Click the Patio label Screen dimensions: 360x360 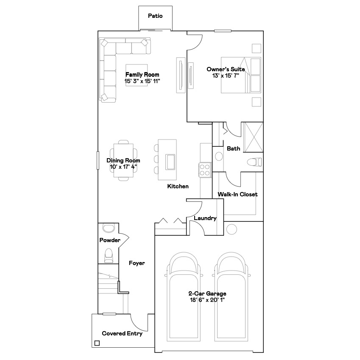155,16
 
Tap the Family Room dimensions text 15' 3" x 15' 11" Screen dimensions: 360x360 142,81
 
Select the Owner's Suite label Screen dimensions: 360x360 226,69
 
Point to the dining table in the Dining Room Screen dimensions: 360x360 123,161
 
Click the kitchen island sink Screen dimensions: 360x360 170,161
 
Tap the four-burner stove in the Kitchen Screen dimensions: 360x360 204,170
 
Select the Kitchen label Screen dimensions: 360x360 178,186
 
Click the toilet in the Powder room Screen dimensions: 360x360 108,255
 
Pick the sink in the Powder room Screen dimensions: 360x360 109,228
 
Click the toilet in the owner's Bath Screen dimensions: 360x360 254,162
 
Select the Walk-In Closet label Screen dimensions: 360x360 237,194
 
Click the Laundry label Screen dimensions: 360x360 205,218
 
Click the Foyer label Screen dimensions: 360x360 137,263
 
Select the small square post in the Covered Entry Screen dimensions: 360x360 97,343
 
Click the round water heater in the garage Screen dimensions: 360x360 232,229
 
